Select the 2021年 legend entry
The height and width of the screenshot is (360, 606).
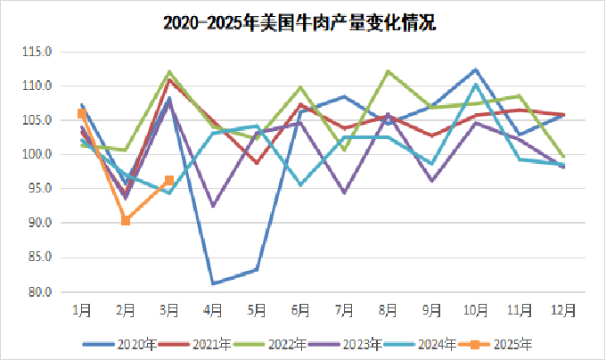pyautogui.click(x=201, y=343)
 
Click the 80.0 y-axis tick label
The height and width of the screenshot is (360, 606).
pyautogui.click(x=43, y=292)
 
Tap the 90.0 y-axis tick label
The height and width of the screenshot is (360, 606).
pyautogui.click(x=43, y=224)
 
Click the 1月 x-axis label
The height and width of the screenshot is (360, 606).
pyautogui.click(x=81, y=309)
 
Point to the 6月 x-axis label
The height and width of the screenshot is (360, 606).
pyautogui.click(x=300, y=309)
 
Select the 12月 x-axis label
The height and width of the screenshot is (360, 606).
pyautogui.click(x=563, y=309)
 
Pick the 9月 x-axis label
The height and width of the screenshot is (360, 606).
pyautogui.click(x=431, y=309)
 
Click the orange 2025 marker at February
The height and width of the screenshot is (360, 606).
pyautogui.click(x=126, y=220)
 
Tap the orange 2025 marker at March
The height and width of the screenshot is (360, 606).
pyautogui.click(x=169, y=181)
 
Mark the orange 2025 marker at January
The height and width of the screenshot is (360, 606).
pyautogui.click(x=82, y=113)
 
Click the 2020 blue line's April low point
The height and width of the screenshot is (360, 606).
pyautogui.click(x=214, y=283)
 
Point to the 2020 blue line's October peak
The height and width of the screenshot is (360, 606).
pyautogui.click(x=476, y=70)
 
